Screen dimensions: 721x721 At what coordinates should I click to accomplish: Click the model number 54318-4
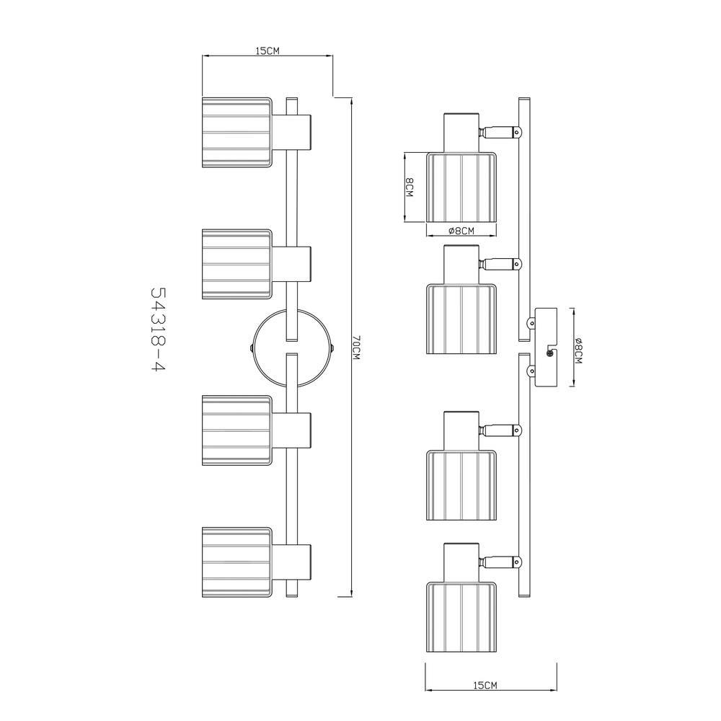158,329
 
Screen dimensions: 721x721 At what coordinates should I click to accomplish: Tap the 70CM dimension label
356,348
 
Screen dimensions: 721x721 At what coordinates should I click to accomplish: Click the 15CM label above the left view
267,50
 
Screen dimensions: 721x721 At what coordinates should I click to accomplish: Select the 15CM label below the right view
485,685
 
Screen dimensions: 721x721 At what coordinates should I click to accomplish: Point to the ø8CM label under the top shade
461,231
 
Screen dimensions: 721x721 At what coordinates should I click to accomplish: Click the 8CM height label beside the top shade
410,187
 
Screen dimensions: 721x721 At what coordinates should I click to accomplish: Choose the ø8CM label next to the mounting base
578,350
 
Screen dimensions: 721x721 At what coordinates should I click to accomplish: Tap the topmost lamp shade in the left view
237,133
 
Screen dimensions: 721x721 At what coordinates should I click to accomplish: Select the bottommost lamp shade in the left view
237,562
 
